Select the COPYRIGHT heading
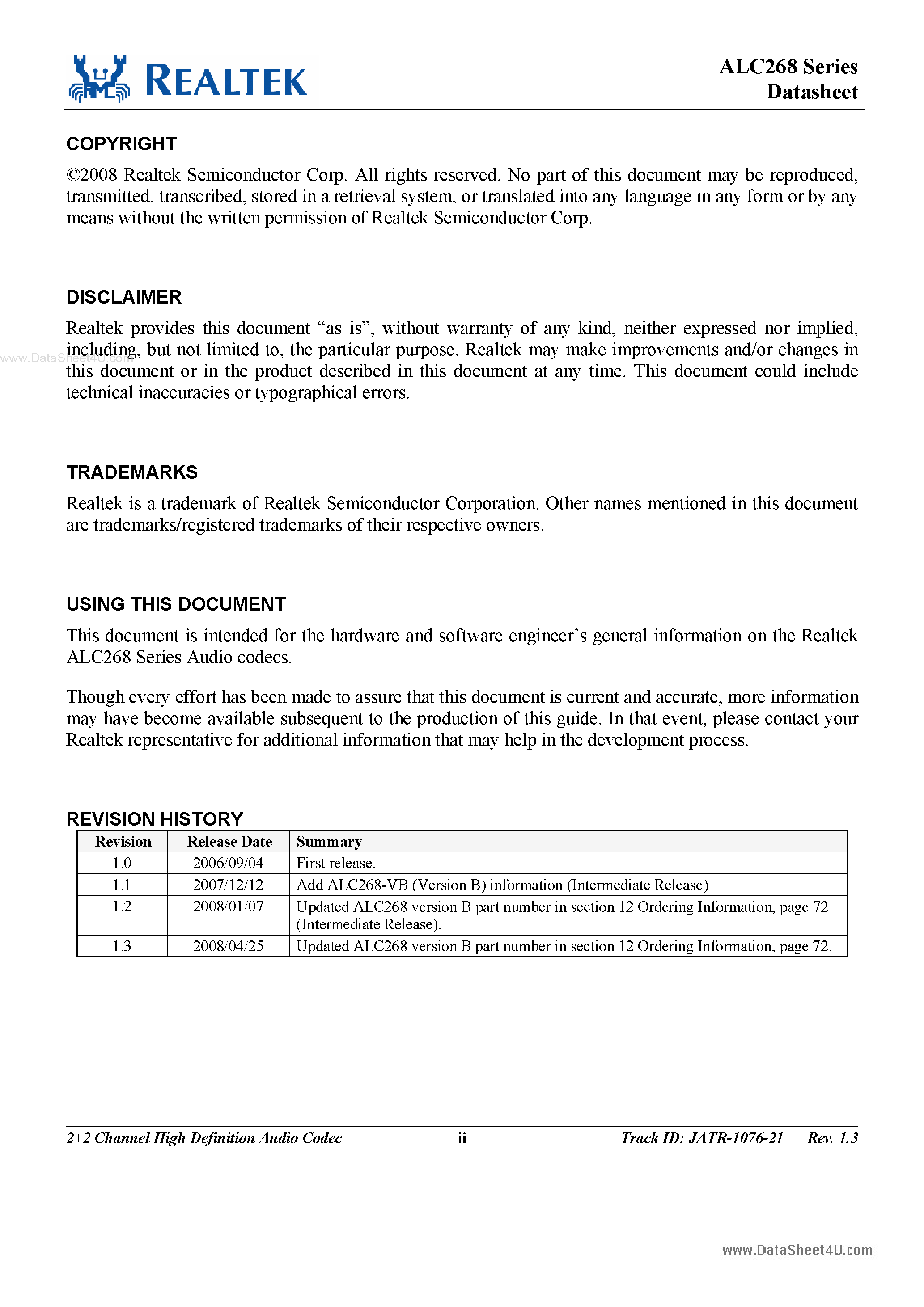coord(122,144)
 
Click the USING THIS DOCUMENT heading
coord(176,604)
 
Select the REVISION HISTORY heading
coord(154,819)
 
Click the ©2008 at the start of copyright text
coord(92,175)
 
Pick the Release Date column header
coord(229,842)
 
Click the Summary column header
coord(329,842)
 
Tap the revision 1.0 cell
coord(122,864)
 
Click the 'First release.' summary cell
coord(335,864)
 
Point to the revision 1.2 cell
coord(122,907)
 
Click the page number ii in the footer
coord(462,1138)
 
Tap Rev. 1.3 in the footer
coord(832,1138)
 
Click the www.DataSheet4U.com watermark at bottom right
coord(797,1251)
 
